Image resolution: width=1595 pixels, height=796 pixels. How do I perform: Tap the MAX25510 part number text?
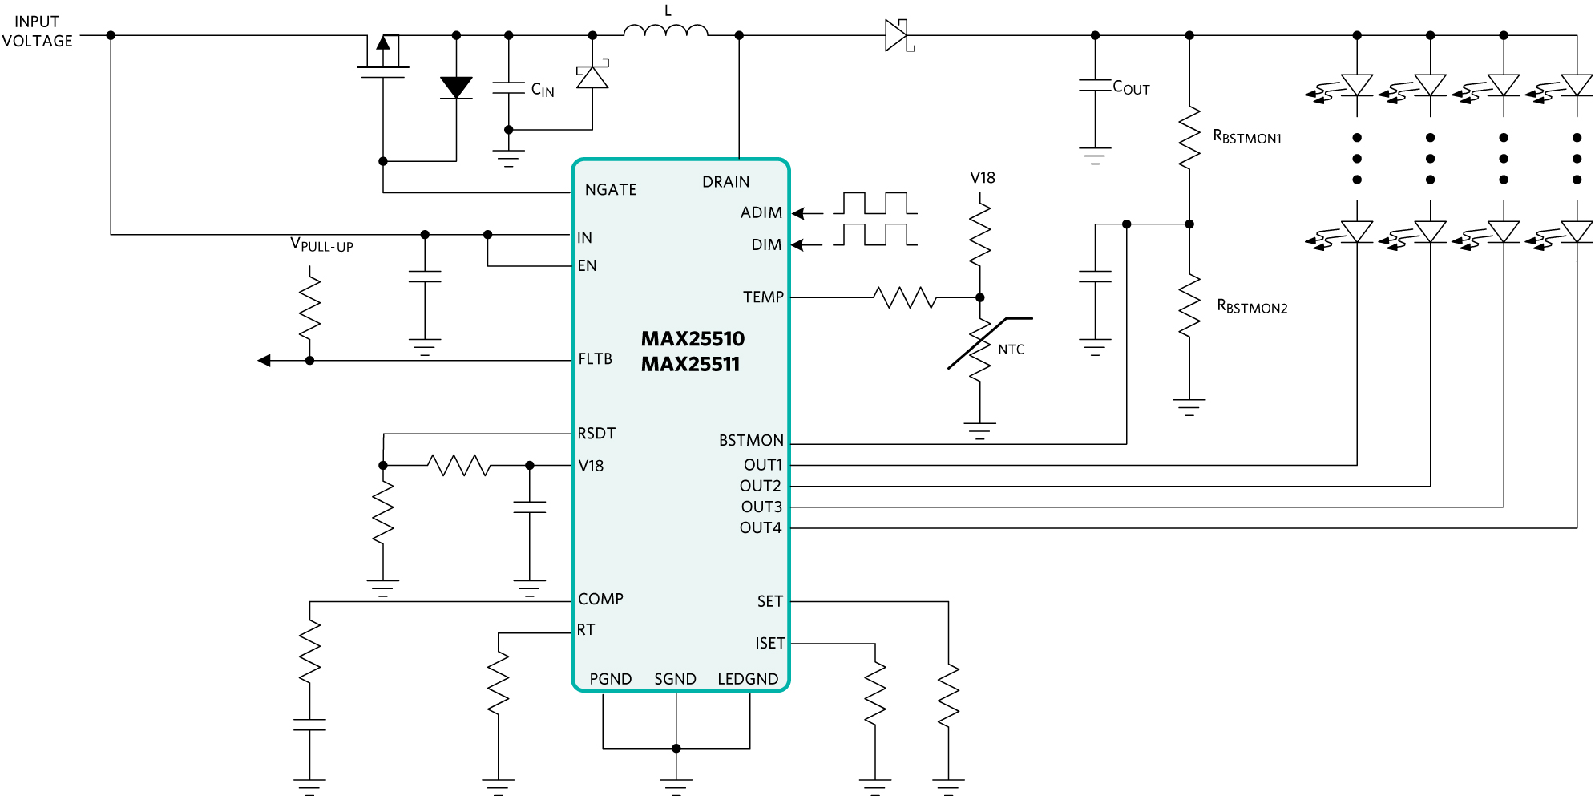(x=693, y=339)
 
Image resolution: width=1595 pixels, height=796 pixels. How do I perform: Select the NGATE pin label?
(x=611, y=190)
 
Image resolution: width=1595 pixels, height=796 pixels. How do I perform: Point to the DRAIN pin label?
(x=726, y=182)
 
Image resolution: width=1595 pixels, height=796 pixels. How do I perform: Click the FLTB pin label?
(x=596, y=359)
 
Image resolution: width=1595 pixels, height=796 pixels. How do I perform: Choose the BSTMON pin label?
(x=751, y=441)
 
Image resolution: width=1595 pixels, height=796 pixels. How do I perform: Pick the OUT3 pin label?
(x=761, y=507)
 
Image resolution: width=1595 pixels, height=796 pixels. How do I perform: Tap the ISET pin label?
(x=770, y=644)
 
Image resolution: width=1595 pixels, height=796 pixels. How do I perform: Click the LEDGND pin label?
(x=748, y=679)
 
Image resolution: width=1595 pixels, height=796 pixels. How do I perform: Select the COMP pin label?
(x=600, y=600)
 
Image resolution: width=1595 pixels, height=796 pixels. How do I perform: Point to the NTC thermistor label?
(x=1012, y=350)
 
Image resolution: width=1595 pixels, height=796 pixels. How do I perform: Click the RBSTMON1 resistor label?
(x=1247, y=137)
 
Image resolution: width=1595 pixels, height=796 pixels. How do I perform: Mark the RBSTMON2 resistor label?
(x=1252, y=306)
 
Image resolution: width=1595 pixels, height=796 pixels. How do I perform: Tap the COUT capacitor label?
(x=1131, y=87)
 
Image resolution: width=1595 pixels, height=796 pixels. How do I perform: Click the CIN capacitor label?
(x=543, y=90)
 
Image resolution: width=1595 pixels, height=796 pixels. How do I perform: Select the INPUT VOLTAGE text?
(x=37, y=31)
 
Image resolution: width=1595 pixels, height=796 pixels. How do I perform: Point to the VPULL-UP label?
(x=321, y=244)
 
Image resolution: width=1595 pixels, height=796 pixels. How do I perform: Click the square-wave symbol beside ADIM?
(x=874, y=204)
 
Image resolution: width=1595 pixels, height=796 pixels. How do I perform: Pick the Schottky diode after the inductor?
(x=898, y=35)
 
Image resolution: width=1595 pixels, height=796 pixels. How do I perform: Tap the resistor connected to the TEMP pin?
(x=905, y=297)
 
